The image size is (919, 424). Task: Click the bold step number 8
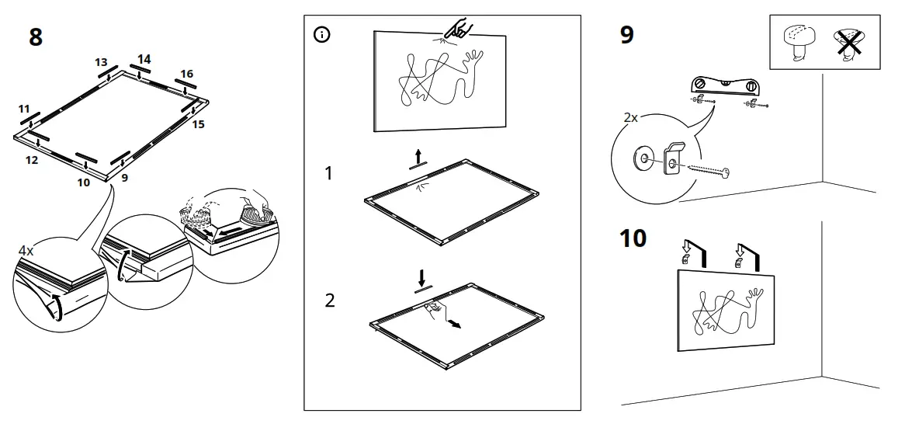point(36,36)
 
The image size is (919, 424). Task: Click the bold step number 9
point(627,36)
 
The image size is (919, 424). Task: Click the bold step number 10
point(633,238)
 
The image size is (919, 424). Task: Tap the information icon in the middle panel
point(321,35)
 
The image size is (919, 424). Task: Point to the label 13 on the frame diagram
point(102,62)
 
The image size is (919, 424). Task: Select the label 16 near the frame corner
point(186,74)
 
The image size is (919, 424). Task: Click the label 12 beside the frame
point(32,159)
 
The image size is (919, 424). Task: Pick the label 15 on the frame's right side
point(198,124)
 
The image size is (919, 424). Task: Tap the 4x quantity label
point(26,251)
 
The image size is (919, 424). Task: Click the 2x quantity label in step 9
point(630,118)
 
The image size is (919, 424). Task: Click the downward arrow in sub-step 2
point(421,276)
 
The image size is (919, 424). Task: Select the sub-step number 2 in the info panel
point(330,301)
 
